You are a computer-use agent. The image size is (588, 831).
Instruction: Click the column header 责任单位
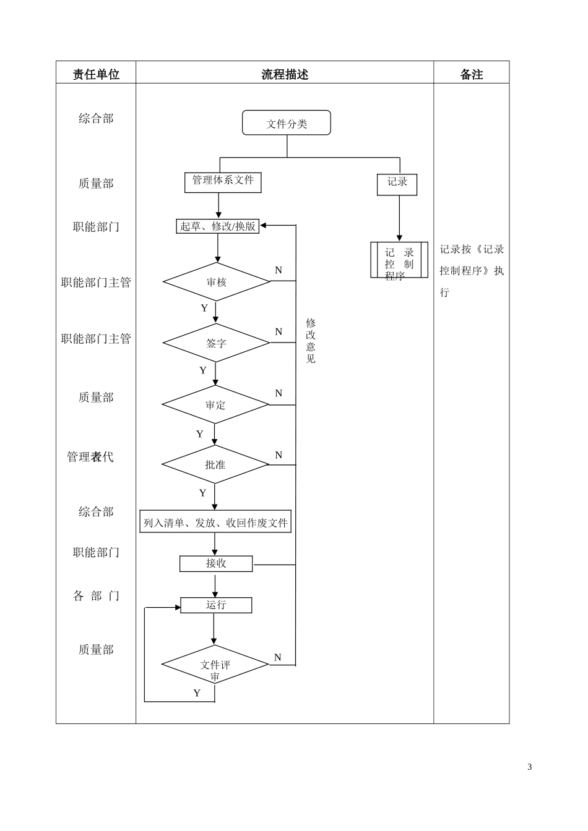pos(96,74)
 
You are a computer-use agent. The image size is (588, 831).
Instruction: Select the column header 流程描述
pos(285,74)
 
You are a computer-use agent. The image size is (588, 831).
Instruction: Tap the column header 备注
pos(471,74)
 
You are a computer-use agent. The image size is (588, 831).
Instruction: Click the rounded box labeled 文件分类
pos(287,123)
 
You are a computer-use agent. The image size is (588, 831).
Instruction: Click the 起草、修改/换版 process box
pos(218,226)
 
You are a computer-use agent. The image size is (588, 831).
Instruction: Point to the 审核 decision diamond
pos(217,282)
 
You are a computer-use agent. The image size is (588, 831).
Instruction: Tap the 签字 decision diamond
pos(216,343)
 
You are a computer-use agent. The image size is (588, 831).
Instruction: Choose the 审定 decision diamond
pos(215,405)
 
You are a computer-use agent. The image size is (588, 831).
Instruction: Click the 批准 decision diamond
pos(215,464)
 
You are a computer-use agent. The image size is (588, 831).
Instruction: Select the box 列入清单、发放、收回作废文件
pos(215,522)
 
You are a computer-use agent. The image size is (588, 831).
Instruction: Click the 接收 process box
pos(216,563)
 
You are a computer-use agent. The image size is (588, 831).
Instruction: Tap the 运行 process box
pos(216,605)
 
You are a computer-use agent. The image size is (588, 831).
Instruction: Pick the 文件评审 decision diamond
pos(215,665)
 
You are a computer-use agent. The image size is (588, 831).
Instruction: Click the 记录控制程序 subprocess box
pos(399,260)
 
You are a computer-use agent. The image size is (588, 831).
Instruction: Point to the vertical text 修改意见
pos(311,341)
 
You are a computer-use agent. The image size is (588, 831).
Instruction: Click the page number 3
pos(529,767)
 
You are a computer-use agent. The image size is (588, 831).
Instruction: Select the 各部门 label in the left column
pos(96,596)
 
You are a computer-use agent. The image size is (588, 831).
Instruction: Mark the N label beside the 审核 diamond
pos(279,270)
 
